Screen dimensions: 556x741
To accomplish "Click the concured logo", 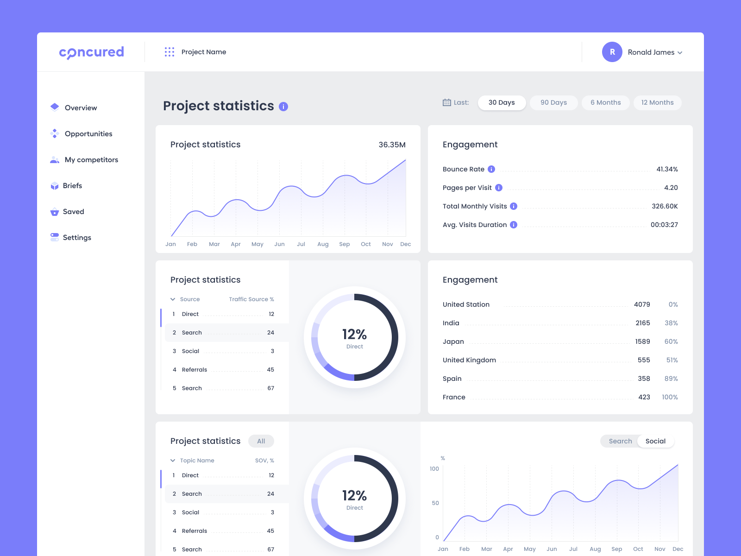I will tap(91, 52).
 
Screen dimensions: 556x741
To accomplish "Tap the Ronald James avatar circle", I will tap(612, 52).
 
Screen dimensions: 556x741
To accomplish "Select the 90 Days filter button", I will tap(553, 102).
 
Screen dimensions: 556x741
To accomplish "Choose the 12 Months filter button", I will tap(657, 102).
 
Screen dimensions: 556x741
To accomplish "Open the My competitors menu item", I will tap(91, 160).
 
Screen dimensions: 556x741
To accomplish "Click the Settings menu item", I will tap(77, 238).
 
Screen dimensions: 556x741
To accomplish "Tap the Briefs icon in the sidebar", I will tap(55, 186).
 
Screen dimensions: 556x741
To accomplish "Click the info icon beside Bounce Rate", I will tap(491, 169).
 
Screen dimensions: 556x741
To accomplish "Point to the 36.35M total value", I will tap(392, 145).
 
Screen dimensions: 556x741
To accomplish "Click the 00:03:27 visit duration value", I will tap(664, 225).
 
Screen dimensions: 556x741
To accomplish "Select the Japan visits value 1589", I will tap(642, 341).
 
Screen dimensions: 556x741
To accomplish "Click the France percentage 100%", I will tap(670, 397).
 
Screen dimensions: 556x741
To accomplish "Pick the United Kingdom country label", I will tap(469, 360).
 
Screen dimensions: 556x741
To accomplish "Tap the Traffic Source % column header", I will tap(251, 299).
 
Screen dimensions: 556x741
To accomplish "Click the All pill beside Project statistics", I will tap(261, 441).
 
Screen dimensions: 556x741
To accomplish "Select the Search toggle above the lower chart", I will tap(620, 441).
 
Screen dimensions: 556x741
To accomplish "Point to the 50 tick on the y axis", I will tap(435, 503).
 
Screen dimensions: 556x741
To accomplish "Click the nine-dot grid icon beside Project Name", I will tap(170, 52).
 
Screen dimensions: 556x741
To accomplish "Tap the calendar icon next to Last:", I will tap(447, 102).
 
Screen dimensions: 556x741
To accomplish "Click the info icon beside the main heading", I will tap(283, 107).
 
